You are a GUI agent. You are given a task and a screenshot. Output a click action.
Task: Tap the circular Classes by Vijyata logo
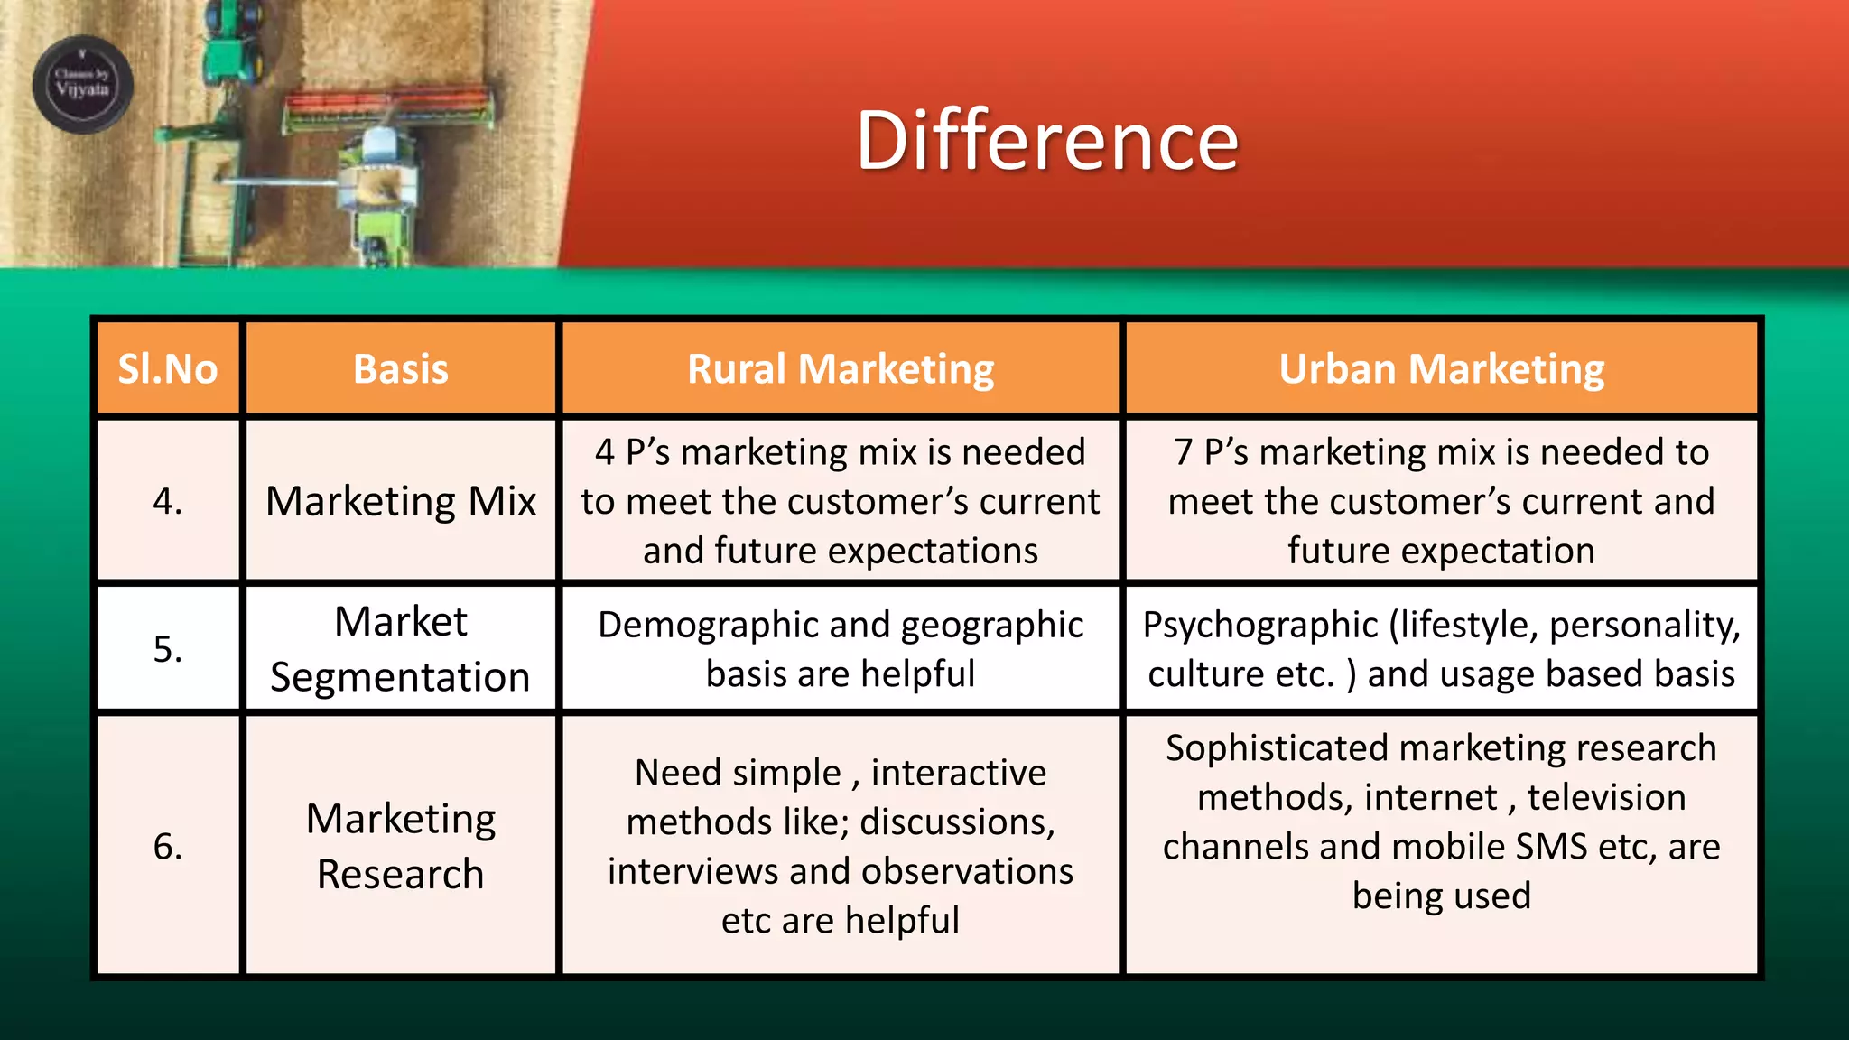pos(83,84)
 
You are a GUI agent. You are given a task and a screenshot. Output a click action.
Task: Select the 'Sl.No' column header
pos(168,368)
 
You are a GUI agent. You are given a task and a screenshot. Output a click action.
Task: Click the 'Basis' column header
pos(401,368)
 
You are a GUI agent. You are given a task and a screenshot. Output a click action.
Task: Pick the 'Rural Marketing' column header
pos(841,368)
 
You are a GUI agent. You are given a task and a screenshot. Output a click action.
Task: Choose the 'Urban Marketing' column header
pos(1442,368)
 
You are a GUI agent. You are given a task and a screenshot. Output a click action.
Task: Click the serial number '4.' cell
pos(168,500)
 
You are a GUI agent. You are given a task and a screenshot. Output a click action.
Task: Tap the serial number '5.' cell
pos(168,648)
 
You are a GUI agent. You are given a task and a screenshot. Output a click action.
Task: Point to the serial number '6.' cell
pos(168,846)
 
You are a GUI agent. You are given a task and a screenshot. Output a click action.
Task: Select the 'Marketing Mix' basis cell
pos(401,501)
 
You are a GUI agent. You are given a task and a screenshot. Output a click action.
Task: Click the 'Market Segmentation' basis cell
pos(401,648)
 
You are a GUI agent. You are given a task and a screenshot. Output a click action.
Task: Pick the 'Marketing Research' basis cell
pos(401,846)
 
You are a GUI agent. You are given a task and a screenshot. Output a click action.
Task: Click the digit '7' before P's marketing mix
pos(1184,452)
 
